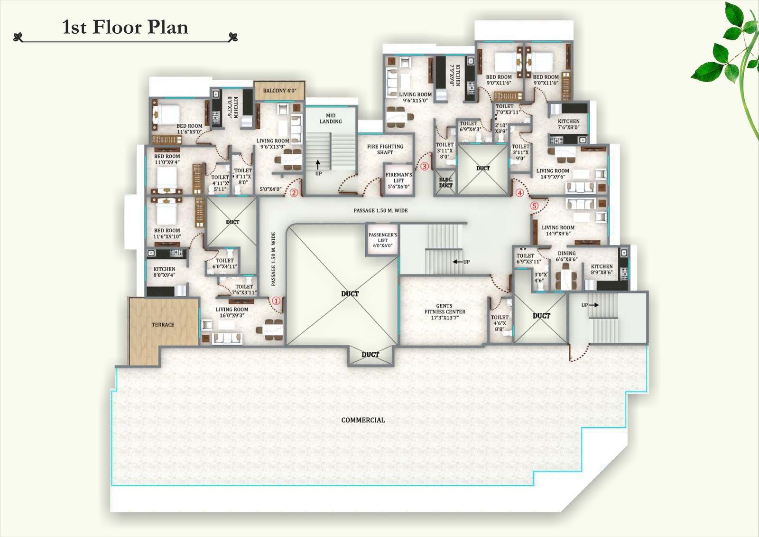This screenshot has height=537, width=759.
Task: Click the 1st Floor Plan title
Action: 125,27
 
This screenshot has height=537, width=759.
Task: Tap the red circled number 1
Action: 277,301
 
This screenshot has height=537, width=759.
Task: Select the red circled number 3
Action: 425,167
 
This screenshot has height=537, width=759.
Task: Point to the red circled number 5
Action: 535,206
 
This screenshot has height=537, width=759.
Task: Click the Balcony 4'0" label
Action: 279,91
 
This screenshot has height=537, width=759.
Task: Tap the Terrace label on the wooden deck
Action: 163,325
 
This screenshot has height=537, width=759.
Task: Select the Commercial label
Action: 363,420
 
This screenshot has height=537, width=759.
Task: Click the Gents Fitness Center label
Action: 444,312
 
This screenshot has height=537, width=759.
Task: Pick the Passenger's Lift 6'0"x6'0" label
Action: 382,240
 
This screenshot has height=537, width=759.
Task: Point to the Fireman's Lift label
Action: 398,180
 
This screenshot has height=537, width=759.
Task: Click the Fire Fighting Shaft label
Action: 385,150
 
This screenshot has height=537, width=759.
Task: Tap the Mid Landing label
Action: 331,118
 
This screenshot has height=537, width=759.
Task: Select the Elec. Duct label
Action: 445,182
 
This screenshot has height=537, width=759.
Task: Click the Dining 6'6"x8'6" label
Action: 566,256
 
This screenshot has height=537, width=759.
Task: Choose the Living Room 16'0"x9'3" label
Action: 231,312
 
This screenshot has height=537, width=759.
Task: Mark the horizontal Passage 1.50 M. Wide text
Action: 380,210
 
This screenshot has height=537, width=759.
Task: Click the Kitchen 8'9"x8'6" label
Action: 602,269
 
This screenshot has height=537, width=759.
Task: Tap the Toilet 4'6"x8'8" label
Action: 500,323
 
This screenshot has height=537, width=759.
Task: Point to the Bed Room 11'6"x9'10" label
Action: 167,234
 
